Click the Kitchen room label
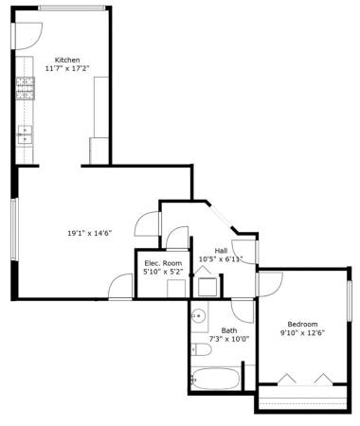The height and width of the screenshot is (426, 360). tap(67, 60)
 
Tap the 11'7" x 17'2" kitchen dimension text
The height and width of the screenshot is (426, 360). tap(67, 68)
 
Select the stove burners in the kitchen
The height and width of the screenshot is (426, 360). tap(25, 88)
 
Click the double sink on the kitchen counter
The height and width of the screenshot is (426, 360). tap(25, 134)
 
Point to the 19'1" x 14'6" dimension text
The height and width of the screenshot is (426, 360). tap(90, 233)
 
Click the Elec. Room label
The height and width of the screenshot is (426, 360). tap(163, 263)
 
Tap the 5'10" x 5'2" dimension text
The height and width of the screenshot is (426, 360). tap(163, 272)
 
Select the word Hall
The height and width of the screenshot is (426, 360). tap(221, 251)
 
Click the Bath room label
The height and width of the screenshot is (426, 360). tap(229, 330)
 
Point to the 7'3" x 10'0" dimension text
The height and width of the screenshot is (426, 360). tap(229, 339)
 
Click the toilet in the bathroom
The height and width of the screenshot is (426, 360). tap(201, 349)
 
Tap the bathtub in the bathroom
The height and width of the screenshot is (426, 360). tap(215, 379)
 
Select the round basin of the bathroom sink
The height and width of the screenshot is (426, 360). tap(199, 315)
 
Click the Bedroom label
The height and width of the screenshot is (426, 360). tap(302, 324)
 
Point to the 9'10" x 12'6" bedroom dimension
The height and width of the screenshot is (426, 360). tap(303, 332)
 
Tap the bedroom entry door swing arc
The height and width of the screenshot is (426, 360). tap(276, 290)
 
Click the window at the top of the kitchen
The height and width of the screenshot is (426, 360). tap(72, 9)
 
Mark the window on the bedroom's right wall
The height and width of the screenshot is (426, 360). tap(350, 301)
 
